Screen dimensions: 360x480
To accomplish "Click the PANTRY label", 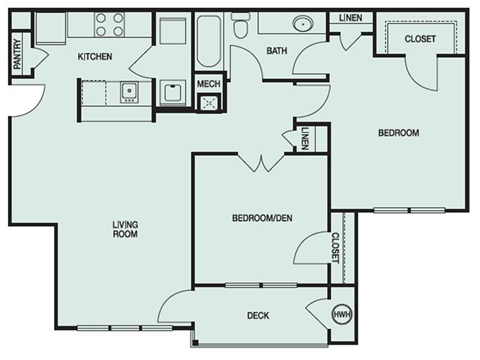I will tap(17, 54).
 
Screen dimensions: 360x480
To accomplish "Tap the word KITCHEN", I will tap(95, 57).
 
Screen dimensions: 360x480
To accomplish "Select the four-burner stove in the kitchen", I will tap(108, 23).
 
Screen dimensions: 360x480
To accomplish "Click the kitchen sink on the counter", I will tap(128, 93).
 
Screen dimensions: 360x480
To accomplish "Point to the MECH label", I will tap(209, 84).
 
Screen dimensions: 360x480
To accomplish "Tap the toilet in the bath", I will tap(240, 30).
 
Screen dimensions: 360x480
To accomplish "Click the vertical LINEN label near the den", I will tap(303, 138).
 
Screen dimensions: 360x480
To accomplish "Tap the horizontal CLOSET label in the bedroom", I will tap(418, 39).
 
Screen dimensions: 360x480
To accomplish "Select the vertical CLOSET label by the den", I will tap(335, 247).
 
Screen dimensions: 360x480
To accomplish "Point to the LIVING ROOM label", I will tap(124, 228).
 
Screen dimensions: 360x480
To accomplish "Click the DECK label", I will tap(257, 316).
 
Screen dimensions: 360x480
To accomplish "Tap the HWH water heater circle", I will tap(343, 315).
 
